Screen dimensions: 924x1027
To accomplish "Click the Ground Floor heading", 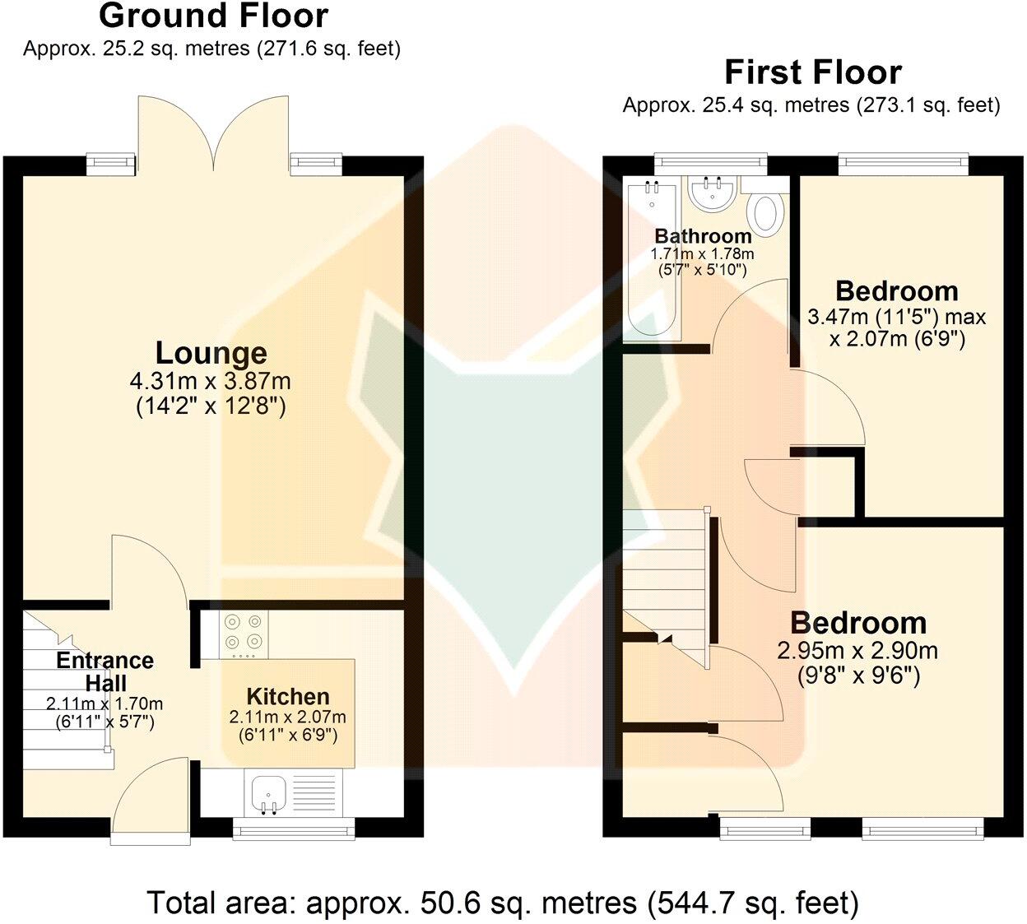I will (212, 16).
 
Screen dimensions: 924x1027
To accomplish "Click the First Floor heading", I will (812, 73).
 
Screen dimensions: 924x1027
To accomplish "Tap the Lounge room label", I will (211, 353).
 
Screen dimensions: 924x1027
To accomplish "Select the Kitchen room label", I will (288, 697).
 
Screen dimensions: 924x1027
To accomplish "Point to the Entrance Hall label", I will (105, 671).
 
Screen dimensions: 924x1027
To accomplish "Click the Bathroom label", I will (703, 237).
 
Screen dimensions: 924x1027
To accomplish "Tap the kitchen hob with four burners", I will (244, 632).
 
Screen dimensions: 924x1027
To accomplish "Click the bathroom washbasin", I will (713, 194).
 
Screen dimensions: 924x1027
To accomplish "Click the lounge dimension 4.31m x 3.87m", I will (211, 382).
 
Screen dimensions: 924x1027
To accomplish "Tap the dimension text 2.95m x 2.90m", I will (857, 652).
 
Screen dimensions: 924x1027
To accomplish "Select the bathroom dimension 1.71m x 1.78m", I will (702, 255).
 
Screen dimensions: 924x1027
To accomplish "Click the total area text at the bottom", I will (503, 903).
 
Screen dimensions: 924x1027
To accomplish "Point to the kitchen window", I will (294, 829).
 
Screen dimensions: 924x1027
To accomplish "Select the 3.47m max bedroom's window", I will (899, 165).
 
